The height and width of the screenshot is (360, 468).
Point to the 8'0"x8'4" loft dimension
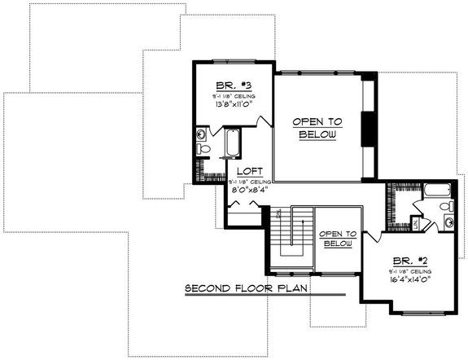[x=247, y=190]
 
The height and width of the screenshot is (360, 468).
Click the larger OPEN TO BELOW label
[x=317, y=127]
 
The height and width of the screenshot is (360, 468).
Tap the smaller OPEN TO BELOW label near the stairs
[x=338, y=238]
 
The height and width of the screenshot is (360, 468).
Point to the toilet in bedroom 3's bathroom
[x=204, y=149]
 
